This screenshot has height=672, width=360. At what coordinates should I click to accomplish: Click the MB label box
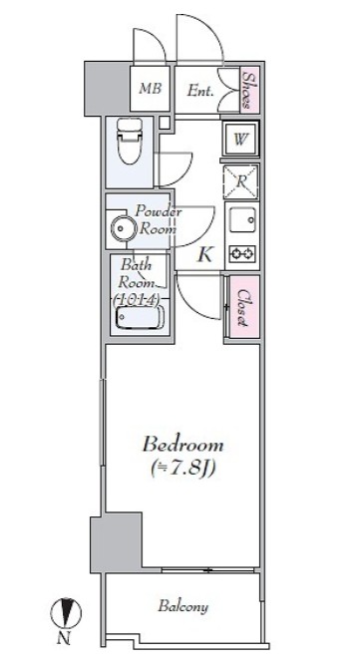[x=150, y=90]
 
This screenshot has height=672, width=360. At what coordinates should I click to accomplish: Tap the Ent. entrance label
[x=201, y=91]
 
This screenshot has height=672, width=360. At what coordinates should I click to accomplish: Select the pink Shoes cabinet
[x=249, y=90]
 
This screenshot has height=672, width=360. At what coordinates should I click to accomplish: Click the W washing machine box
[x=240, y=140]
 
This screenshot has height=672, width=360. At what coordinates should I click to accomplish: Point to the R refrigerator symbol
[x=240, y=180]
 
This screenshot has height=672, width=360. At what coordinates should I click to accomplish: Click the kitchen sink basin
[x=240, y=219]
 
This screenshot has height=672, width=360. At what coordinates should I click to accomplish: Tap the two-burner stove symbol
[x=240, y=252]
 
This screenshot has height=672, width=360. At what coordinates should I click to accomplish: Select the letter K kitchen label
[x=204, y=254]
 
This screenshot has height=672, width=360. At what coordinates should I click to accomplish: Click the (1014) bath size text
[x=138, y=298]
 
